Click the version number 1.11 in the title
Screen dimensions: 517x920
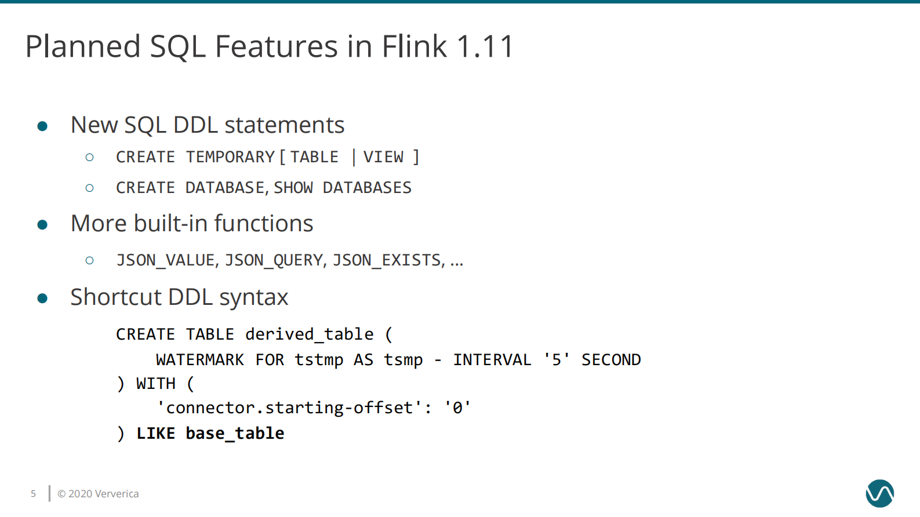(x=485, y=46)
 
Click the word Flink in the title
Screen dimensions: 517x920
(x=414, y=46)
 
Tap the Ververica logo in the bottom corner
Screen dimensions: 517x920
(x=879, y=493)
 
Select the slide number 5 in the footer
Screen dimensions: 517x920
(x=33, y=494)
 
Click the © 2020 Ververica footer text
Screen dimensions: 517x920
(x=98, y=494)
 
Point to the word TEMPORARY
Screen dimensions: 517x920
(x=230, y=157)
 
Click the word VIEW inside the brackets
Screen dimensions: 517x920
(x=383, y=157)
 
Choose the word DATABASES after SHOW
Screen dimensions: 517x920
(x=367, y=188)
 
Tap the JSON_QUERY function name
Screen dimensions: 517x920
(x=274, y=260)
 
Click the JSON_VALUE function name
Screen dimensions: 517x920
(x=166, y=260)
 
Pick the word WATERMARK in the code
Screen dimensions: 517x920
(x=200, y=360)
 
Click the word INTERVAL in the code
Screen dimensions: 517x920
(x=492, y=360)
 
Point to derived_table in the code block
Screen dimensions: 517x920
(x=309, y=334)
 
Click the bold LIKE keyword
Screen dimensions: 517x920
(x=155, y=434)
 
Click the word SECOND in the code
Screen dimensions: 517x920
(x=611, y=360)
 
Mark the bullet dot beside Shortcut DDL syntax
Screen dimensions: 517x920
(x=42, y=298)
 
